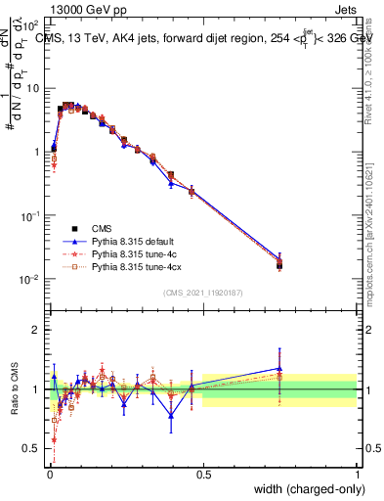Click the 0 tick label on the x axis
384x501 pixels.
pyautogui.click(x=48, y=473)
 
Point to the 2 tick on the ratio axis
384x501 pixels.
pyautogui.click(x=35, y=330)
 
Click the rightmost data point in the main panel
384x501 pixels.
pyautogui.click(x=279, y=263)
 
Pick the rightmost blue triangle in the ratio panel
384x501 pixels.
pyautogui.click(x=279, y=369)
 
